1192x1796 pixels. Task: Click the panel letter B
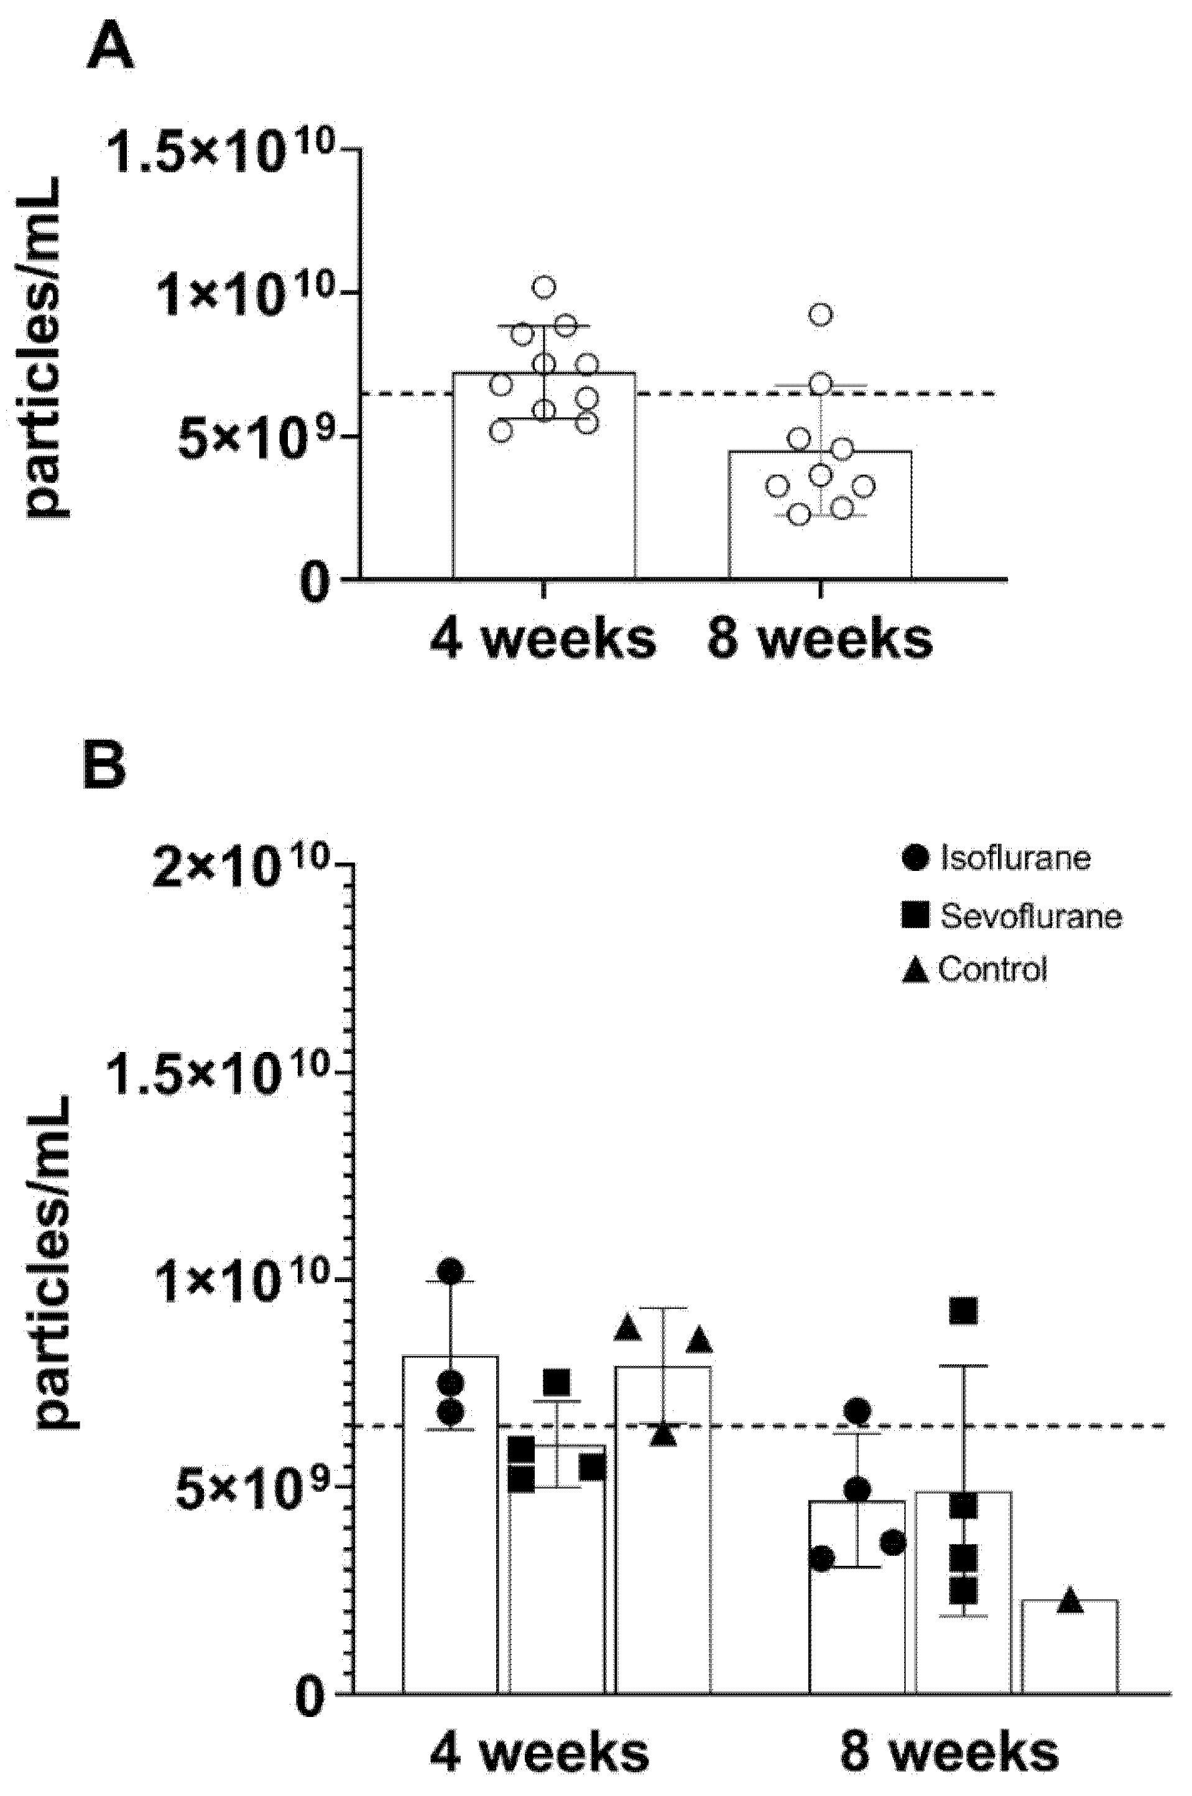pos(104,766)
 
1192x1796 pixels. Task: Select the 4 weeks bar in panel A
pos(543,502)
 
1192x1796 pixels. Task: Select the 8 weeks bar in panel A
pos(820,533)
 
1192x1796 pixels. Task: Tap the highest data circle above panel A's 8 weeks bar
pos(821,314)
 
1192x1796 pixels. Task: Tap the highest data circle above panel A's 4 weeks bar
pos(544,287)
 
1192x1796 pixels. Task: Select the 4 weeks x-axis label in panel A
pos(543,640)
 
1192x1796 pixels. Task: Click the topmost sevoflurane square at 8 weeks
pos(963,1310)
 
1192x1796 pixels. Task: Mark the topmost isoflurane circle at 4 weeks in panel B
pos(451,1270)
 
